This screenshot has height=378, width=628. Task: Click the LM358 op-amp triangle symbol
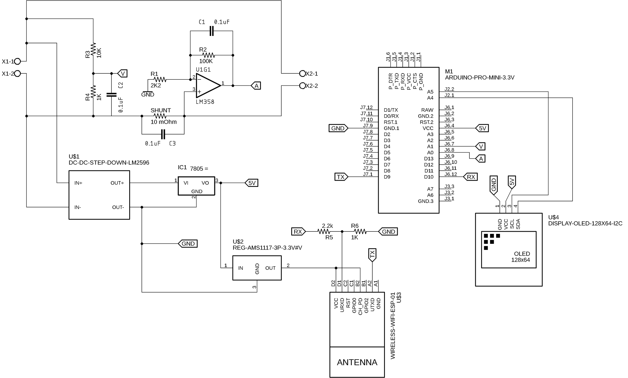pos(207,86)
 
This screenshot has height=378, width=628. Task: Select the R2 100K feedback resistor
pos(209,55)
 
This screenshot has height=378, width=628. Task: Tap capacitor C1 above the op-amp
pos(211,31)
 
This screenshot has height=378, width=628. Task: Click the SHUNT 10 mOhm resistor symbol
pos(160,116)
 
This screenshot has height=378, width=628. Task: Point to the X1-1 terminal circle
pos(18,62)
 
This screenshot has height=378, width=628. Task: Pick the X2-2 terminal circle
pos(302,86)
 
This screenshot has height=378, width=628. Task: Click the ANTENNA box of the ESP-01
pos(357,362)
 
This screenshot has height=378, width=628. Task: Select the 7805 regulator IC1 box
pos(196,186)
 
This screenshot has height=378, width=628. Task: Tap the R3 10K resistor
pos(93,50)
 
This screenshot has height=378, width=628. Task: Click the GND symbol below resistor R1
pos(148,94)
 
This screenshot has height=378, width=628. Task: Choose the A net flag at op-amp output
pos(256,86)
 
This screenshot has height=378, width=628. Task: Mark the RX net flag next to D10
pos(470,177)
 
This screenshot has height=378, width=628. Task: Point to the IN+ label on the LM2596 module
pos(78,183)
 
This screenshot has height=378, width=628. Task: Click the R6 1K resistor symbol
pos(360,231)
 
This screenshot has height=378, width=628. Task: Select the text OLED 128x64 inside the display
pos(521,257)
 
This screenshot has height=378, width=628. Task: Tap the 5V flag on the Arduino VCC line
pos(482,128)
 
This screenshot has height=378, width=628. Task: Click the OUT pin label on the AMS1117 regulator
pos(270,268)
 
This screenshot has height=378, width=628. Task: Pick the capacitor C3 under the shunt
pos(163,134)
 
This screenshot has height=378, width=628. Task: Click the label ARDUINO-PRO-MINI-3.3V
pos(479,78)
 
